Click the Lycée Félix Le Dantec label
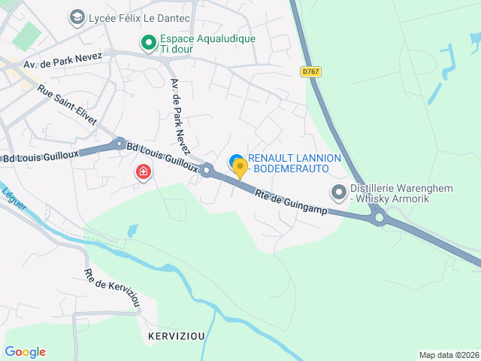(x=140, y=17)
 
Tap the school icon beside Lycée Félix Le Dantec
(x=77, y=17)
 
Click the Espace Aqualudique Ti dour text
(x=197, y=44)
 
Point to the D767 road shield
(x=310, y=71)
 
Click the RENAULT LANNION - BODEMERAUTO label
(x=295, y=164)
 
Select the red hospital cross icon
(x=142, y=173)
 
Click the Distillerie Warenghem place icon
(x=339, y=193)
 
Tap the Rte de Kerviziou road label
(x=112, y=287)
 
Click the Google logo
(x=25, y=352)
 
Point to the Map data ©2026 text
(x=448, y=355)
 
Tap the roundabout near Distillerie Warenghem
(x=380, y=219)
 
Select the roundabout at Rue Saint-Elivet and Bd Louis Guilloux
(x=119, y=143)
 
